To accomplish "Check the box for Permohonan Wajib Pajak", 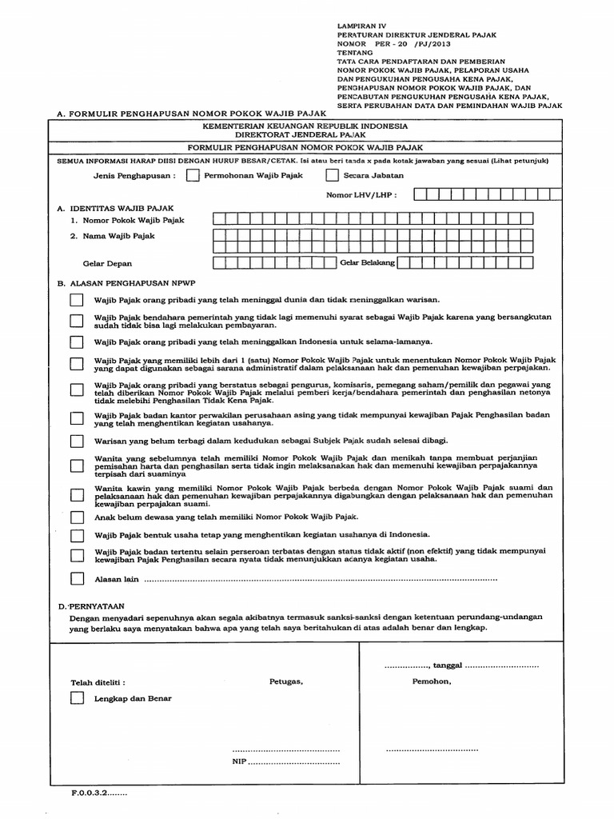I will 193,176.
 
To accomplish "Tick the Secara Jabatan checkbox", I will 332,176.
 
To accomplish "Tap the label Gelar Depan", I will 108,263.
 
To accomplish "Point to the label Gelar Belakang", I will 368,262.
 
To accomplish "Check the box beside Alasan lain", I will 76,578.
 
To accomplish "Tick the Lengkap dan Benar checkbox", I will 76,697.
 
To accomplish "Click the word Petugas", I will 286,681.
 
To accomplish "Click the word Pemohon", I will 432,681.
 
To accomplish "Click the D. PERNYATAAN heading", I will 91,607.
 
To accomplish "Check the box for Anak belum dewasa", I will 76,518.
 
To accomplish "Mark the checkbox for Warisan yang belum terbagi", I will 76,441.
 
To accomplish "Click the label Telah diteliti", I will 98,682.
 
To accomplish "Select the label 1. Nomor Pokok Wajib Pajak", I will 127,219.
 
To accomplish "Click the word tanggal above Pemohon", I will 448,665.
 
